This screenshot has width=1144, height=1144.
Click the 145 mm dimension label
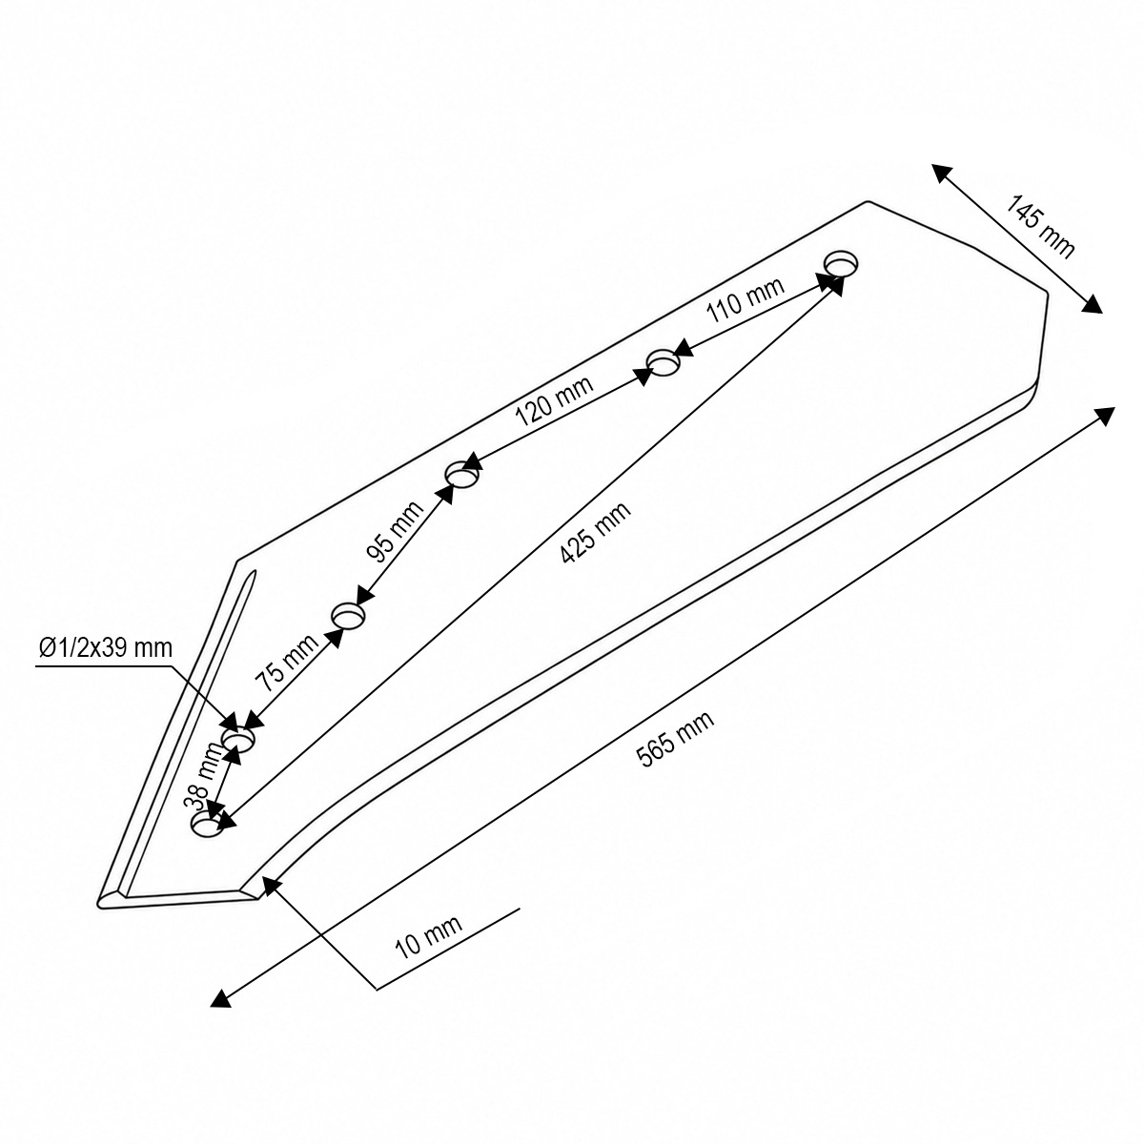(x=1038, y=227)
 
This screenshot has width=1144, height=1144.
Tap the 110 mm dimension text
(x=746, y=300)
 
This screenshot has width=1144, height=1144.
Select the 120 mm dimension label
(x=553, y=401)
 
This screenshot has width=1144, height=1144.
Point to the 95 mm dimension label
(x=395, y=531)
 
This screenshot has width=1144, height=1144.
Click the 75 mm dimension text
(x=286, y=663)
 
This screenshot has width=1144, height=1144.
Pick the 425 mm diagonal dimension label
(x=595, y=533)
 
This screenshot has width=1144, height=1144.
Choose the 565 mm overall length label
(x=674, y=739)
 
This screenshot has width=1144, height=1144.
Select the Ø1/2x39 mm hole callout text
(x=106, y=647)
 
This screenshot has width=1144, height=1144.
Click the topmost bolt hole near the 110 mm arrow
(x=842, y=263)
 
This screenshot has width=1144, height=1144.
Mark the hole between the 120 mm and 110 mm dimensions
(x=664, y=362)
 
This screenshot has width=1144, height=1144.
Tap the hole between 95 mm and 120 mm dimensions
(x=461, y=475)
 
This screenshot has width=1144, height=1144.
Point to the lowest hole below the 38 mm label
(x=207, y=825)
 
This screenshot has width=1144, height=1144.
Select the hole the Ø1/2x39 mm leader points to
(x=238, y=739)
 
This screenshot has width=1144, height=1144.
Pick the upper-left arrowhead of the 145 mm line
(x=941, y=173)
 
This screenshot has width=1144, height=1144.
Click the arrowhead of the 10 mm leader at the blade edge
(x=272, y=886)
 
